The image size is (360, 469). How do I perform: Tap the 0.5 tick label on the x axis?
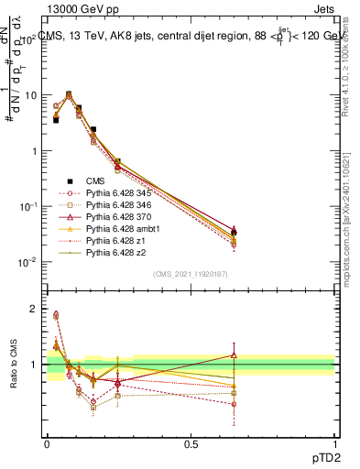[191, 443]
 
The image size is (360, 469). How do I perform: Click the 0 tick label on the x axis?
[47, 443]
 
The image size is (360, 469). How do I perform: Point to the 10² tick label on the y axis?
[30, 39]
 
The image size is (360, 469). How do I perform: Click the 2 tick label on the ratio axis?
[33, 310]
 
